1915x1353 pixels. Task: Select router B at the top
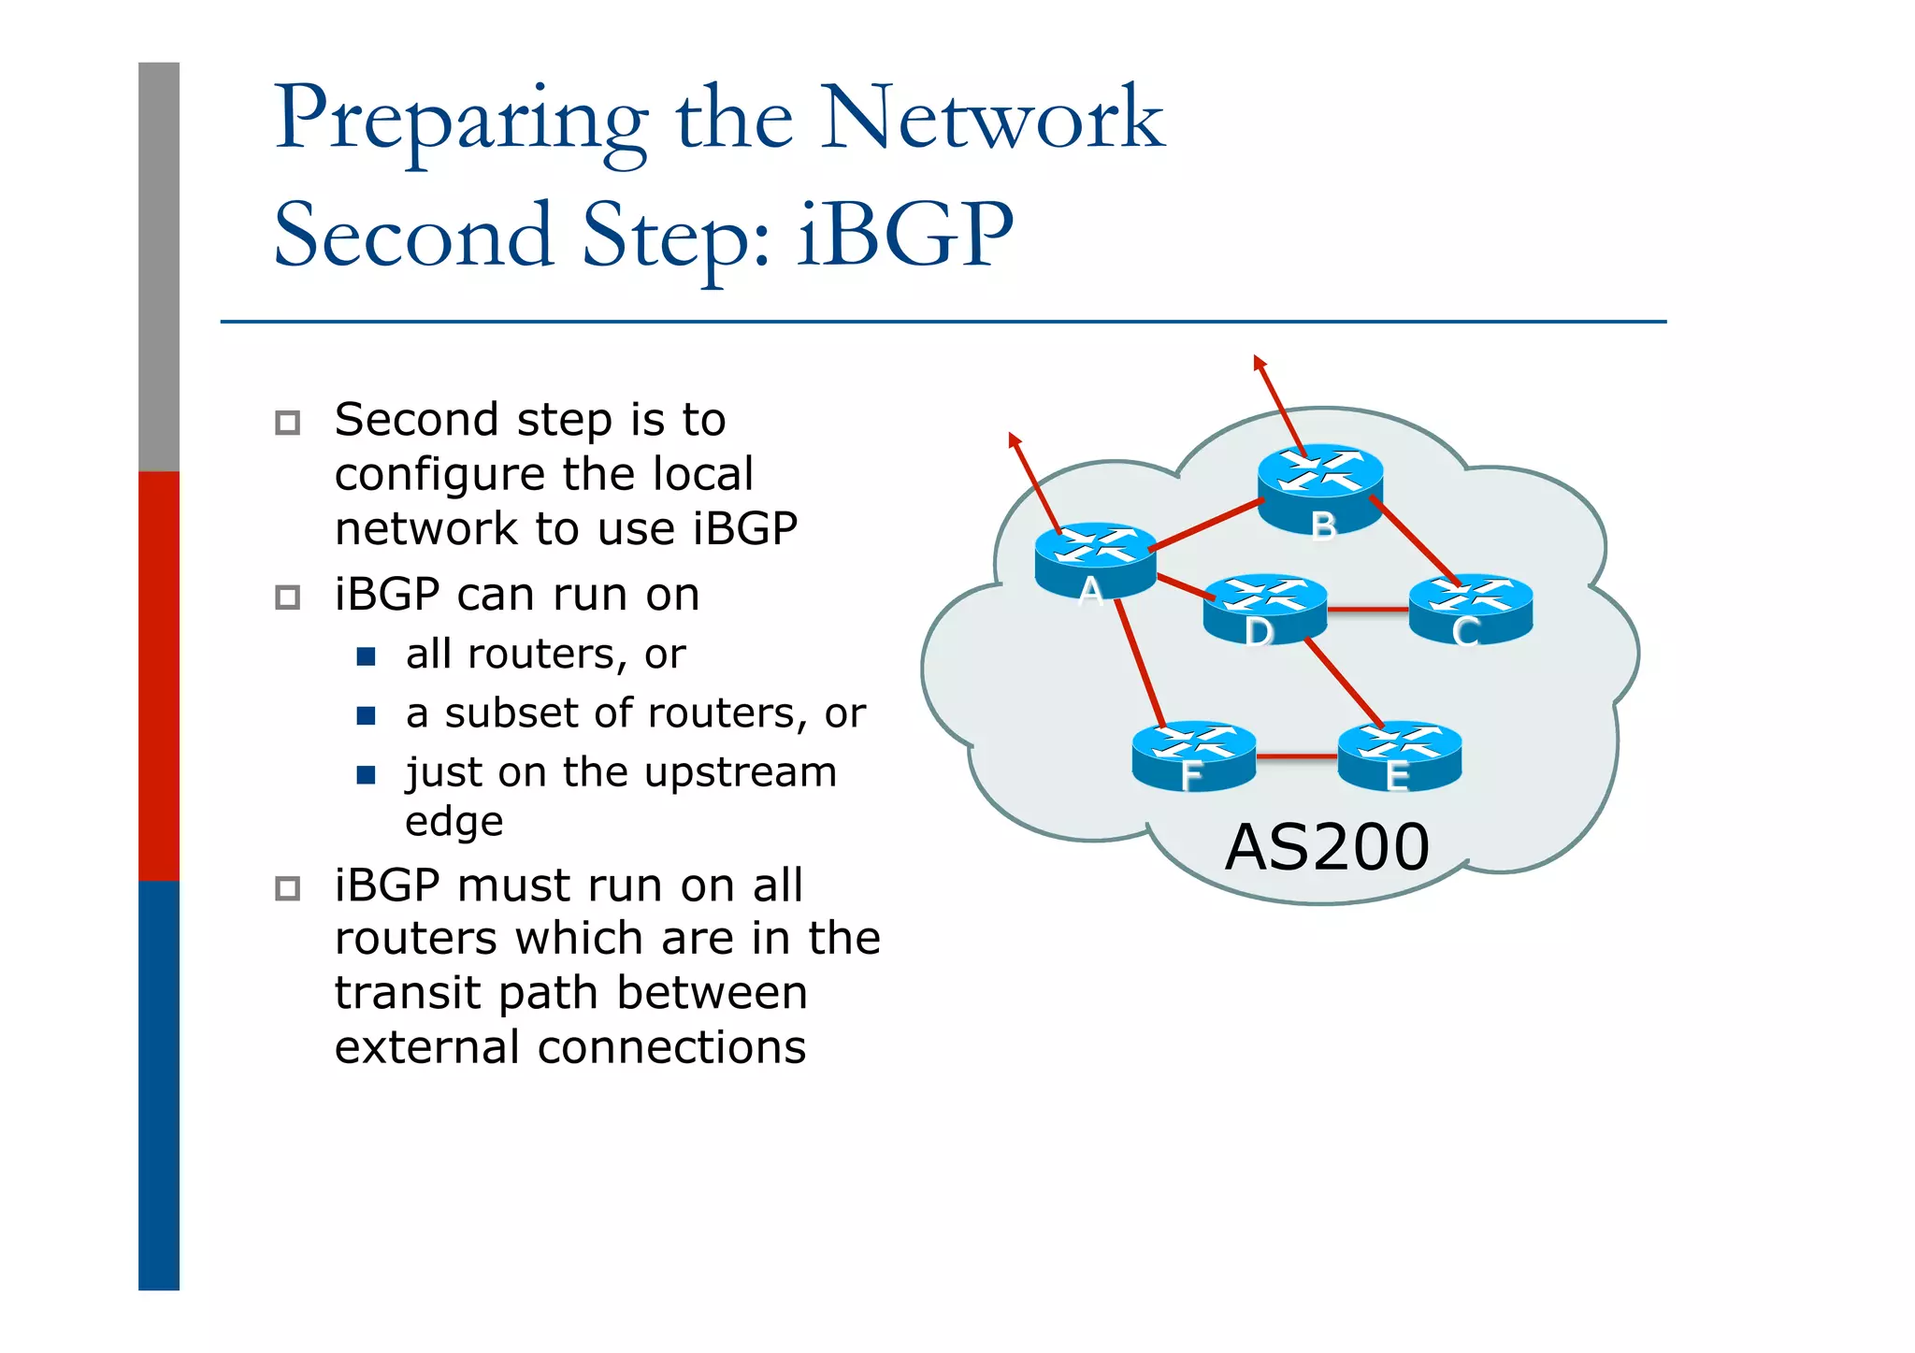point(1319,486)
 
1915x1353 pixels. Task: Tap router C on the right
point(1470,609)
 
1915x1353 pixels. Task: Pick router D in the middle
point(1264,609)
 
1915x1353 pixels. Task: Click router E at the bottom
point(1399,756)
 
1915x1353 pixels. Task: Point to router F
point(1193,756)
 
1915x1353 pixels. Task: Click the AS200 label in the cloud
point(1326,847)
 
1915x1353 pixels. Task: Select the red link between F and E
point(1296,756)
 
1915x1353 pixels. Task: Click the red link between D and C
point(1367,610)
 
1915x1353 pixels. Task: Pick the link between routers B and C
point(1414,540)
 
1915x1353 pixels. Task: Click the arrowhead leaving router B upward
point(1260,362)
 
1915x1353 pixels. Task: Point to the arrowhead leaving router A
point(1015,439)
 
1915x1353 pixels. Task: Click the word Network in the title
point(991,119)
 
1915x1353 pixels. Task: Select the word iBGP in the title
point(905,235)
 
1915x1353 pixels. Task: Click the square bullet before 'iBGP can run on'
point(287,597)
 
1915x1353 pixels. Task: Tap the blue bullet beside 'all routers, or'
point(366,656)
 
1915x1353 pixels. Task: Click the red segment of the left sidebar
point(158,675)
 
